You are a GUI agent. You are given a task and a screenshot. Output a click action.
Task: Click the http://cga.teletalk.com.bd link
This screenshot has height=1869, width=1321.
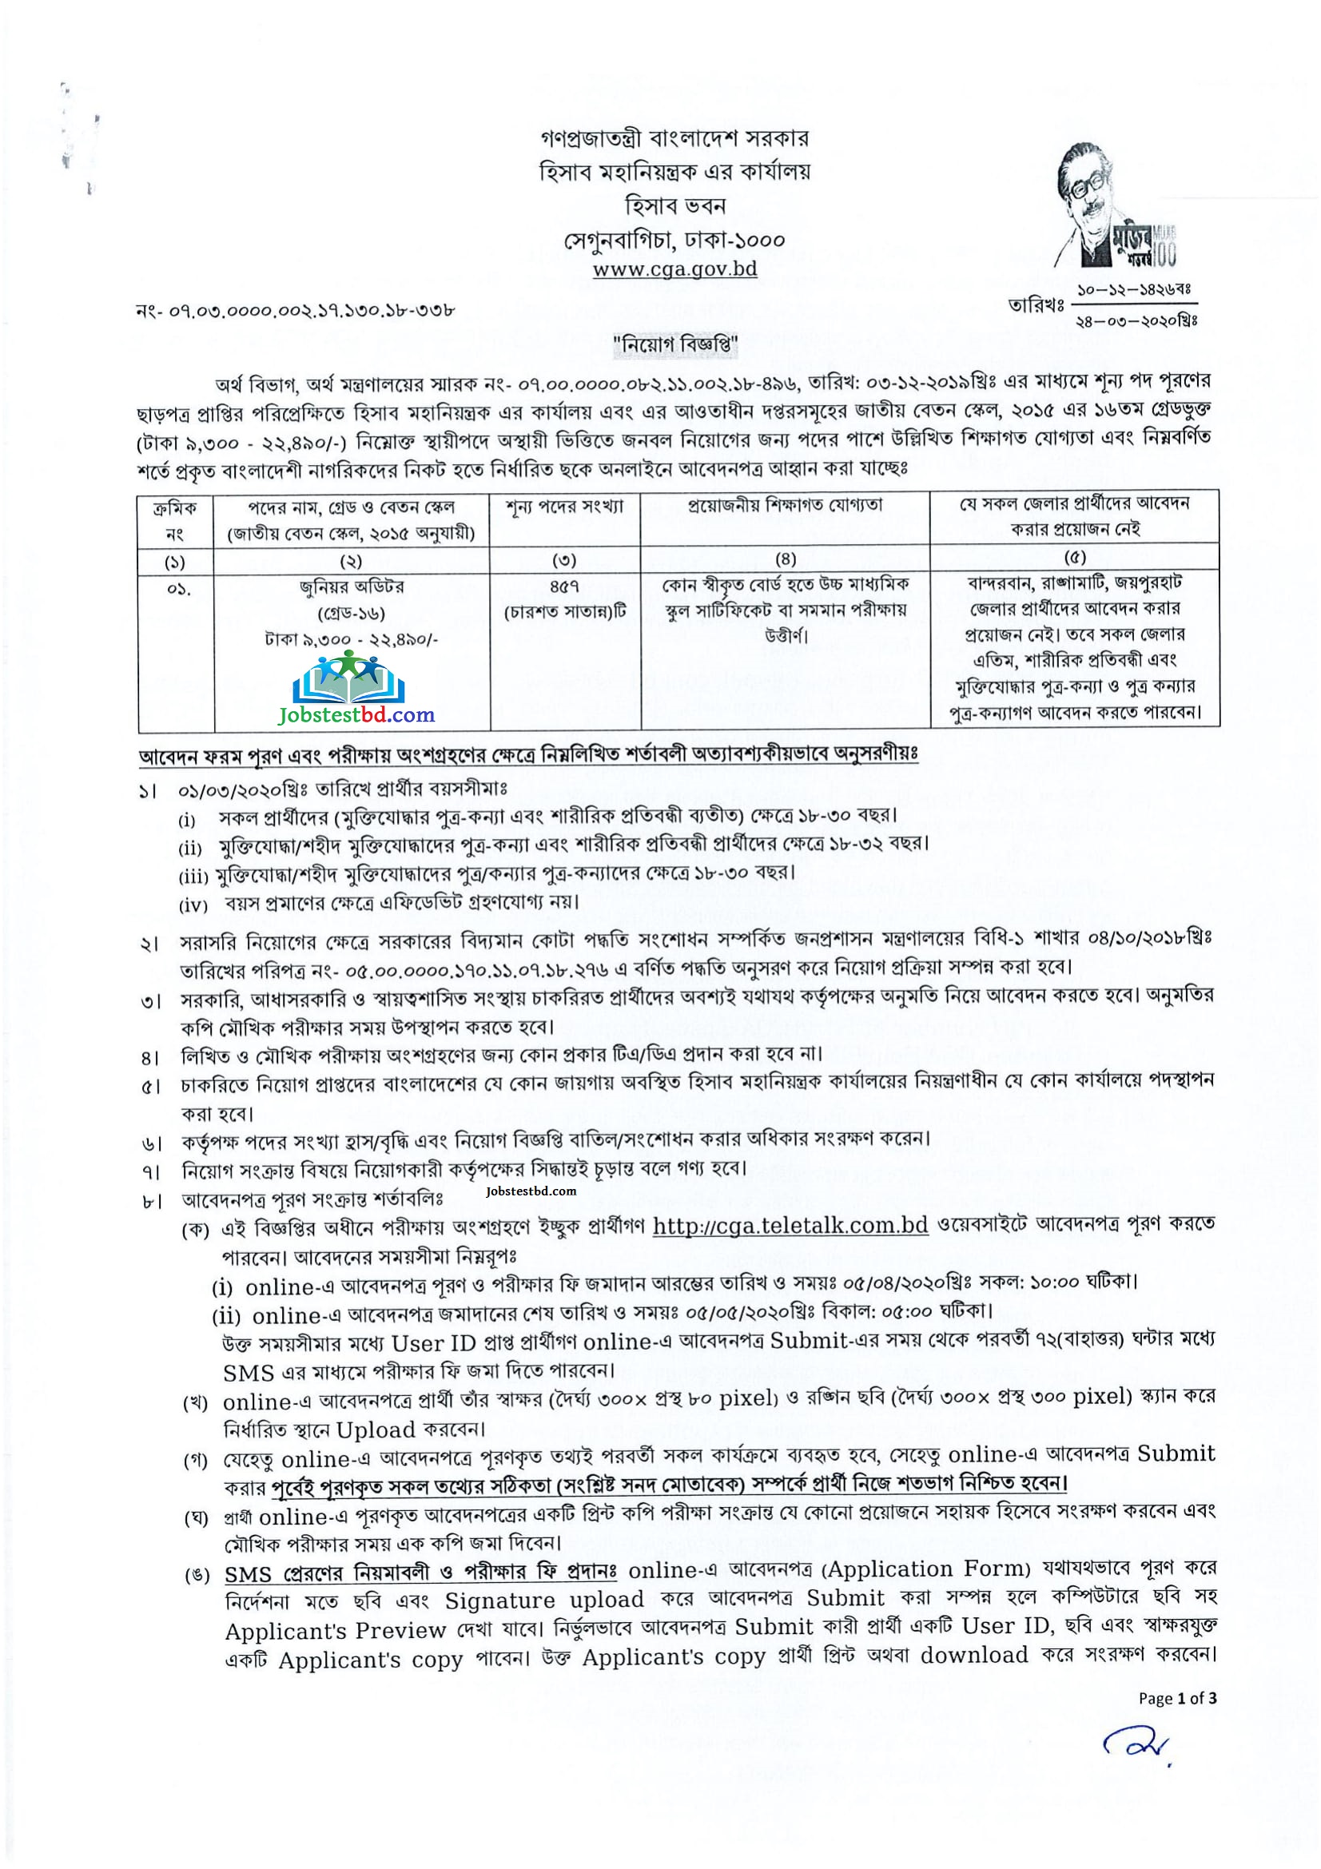(790, 1225)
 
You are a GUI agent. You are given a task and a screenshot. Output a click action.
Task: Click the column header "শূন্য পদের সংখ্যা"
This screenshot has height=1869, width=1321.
(565, 507)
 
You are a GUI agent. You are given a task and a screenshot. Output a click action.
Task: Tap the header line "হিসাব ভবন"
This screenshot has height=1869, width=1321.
(674, 205)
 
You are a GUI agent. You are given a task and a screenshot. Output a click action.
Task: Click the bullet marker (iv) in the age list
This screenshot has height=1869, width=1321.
(193, 905)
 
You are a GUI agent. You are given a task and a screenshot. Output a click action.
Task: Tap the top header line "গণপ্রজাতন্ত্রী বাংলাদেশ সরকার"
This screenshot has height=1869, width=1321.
(674, 138)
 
